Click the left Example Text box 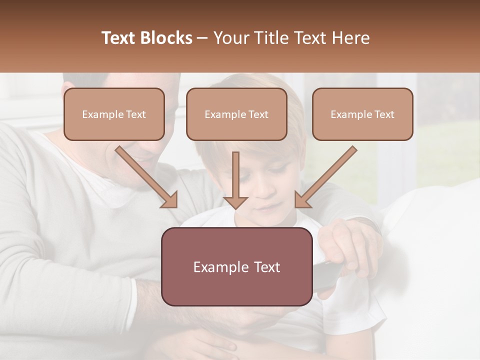(x=114, y=114)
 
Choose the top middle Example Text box (x=236, y=114)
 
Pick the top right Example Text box (x=362, y=114)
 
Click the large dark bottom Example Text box (x=236, y=267)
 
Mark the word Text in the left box (x=136, y=114)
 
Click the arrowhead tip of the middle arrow (x=235, y=207)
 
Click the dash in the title (x=202, y=38)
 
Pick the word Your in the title (x=230, y=38)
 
